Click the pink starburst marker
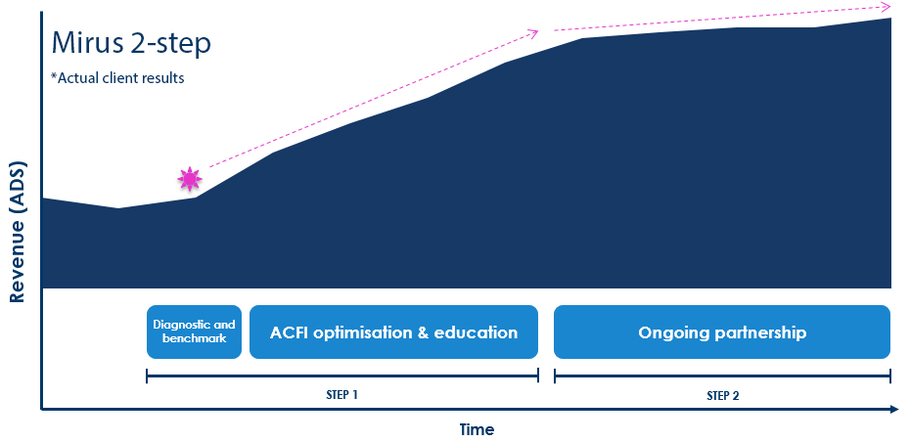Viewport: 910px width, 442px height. pyautogui.click(x=190, y=179)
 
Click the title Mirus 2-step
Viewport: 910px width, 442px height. pyautogui.click(x=131, y=44)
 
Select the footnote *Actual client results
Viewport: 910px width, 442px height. pyautogui.click(x=117, y=77)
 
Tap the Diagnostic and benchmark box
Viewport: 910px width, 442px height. pyautogui.click(x=194, y=331)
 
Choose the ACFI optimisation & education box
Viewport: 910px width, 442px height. pyautogui.click(x=393, y=331)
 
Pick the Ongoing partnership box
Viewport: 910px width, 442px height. pyautogui.click(x=722, y=331)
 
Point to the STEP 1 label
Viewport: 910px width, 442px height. pyautogui.click(x=341, y=396)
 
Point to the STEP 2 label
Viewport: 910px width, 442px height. pyautogui.click(x=723, y=396)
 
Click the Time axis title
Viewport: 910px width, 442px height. pyautogui.click(x=478, y=430)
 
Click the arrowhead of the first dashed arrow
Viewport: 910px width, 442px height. pyautogui.click(x=533, y=33)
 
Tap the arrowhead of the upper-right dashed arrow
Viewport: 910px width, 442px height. pyautogui.click(x=885, y=7)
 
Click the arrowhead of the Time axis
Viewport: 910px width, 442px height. pyautogui.click(x=893, y=410)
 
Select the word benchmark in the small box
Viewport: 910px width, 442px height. pyautogui.click(x=194, y=338)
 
